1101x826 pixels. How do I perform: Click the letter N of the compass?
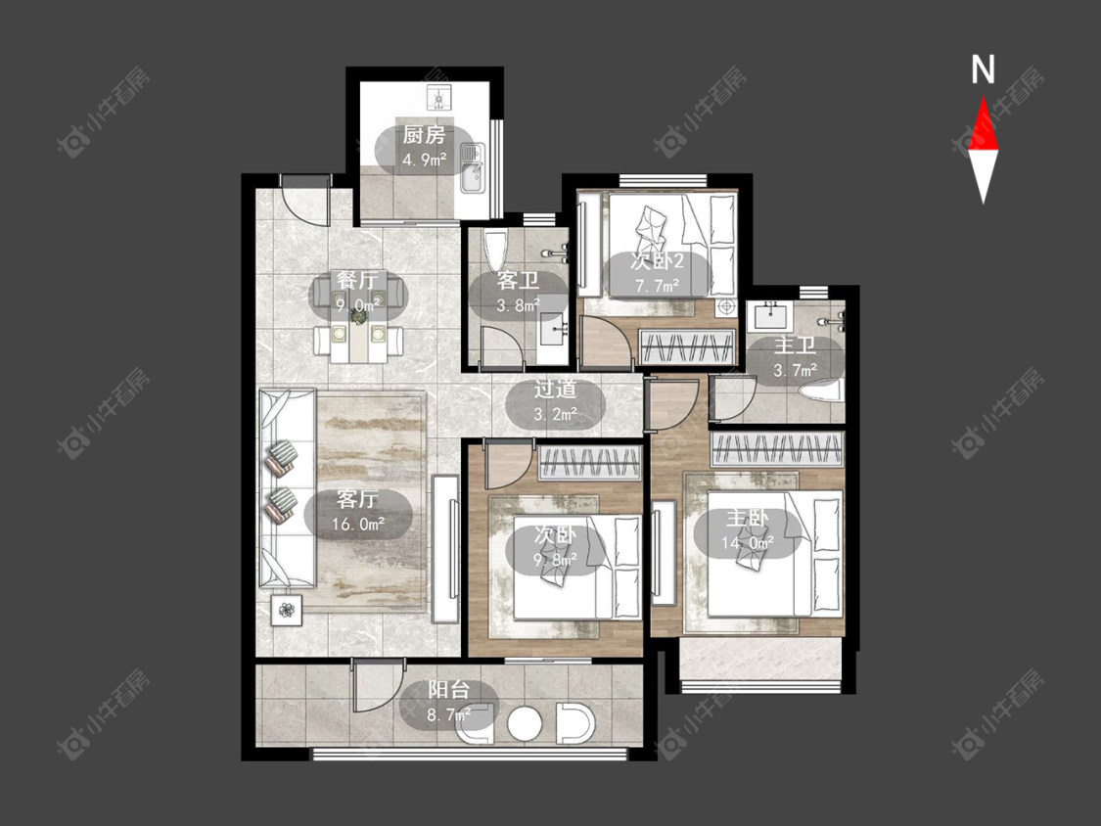point(983,69)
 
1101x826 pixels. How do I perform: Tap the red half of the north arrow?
point(983,125)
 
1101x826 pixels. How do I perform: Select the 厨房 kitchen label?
point(424,135)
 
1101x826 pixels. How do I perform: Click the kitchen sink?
point(472,168)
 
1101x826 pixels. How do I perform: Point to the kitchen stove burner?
point(439,99)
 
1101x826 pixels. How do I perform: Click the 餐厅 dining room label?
point(357,280)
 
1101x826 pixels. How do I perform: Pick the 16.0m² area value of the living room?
point(358,524)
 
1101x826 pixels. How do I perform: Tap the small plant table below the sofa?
point(287,610)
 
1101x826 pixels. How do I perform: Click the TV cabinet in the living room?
point(445,549)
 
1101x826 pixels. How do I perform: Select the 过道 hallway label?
point(556,389)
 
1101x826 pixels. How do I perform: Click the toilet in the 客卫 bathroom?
point(496,252)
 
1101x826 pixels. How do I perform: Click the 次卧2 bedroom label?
point(658,261)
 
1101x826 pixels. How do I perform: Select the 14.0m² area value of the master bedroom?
point(748,542)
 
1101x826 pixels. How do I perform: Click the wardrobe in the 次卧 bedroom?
point(590,463)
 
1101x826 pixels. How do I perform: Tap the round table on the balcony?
point(524,723)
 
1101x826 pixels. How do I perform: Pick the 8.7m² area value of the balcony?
point(449,715)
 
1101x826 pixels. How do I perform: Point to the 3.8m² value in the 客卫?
point(518,305)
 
